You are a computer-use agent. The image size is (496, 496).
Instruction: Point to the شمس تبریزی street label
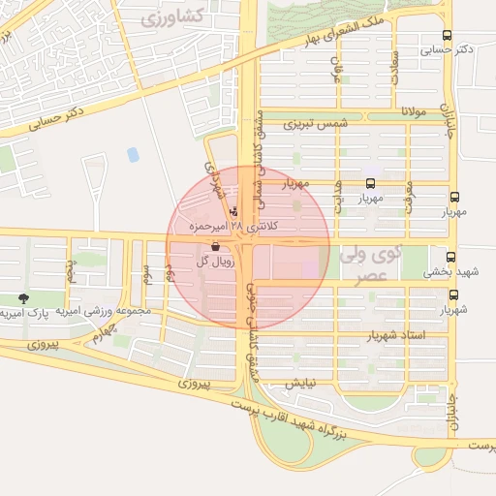(x=316, y=124)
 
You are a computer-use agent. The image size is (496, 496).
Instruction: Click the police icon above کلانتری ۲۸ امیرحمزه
(x=233, y=211)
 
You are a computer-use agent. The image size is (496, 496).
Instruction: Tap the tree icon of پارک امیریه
(x=23, y=299)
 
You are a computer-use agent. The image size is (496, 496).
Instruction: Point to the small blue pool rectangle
(x=133, y=154)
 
